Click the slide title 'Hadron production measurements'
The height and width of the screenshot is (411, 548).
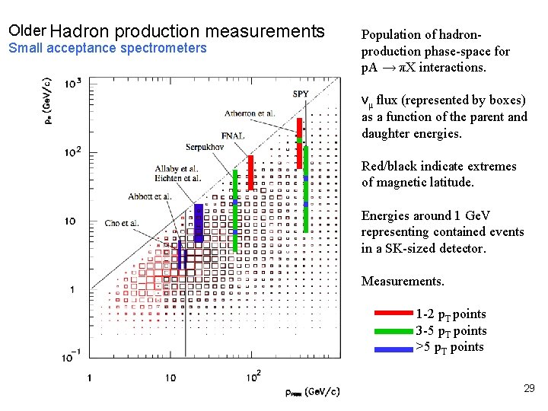(190, 31)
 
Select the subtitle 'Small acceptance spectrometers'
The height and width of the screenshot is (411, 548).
(107, 48)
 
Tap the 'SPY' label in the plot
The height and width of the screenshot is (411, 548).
(301, 94)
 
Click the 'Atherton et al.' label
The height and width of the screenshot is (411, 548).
(249, 113)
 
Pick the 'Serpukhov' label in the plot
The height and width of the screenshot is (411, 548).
(208, 146)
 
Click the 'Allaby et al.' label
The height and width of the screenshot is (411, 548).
(177, 168)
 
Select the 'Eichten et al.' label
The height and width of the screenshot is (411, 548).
(177, 178)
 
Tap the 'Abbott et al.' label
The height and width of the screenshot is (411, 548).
(150, 196)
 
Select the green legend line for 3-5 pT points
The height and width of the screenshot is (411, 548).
(393, 330)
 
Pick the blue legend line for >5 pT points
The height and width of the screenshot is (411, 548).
(393, 347)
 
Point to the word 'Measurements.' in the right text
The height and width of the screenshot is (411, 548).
(403, 282)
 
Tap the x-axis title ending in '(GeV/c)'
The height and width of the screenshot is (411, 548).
(312, 392)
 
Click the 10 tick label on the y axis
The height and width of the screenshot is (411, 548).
(69, 221)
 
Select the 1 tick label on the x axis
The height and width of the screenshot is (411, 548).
(89, 377)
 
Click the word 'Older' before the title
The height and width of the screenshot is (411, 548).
(27, 31)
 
